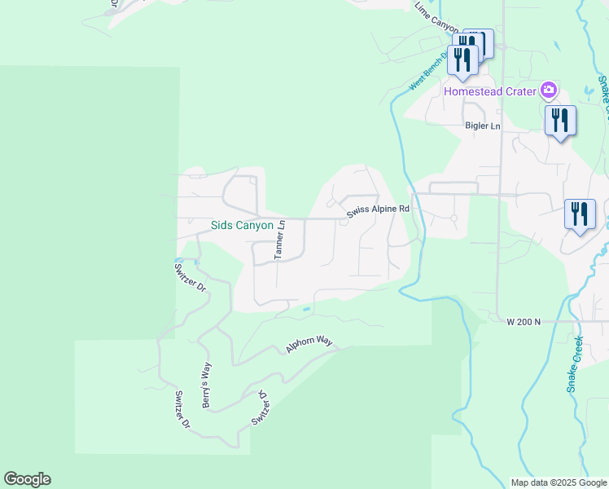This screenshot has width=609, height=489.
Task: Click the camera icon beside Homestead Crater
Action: coord(550,90)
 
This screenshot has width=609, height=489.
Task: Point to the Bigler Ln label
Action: coord(482,126)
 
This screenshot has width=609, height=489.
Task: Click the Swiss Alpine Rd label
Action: coord(377,210)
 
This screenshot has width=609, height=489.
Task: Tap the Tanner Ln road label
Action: coord(279,240)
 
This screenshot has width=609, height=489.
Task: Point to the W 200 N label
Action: coord(524,323)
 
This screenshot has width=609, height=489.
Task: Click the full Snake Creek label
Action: coord(575,364)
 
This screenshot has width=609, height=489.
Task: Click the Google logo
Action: coord(27,479)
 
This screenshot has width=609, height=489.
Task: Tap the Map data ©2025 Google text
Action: coord(559,482)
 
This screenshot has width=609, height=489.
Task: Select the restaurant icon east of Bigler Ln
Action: coord(560,121)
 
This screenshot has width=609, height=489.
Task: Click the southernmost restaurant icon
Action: coord(580,215)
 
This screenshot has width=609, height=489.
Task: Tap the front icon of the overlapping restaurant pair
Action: coord(462,60)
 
